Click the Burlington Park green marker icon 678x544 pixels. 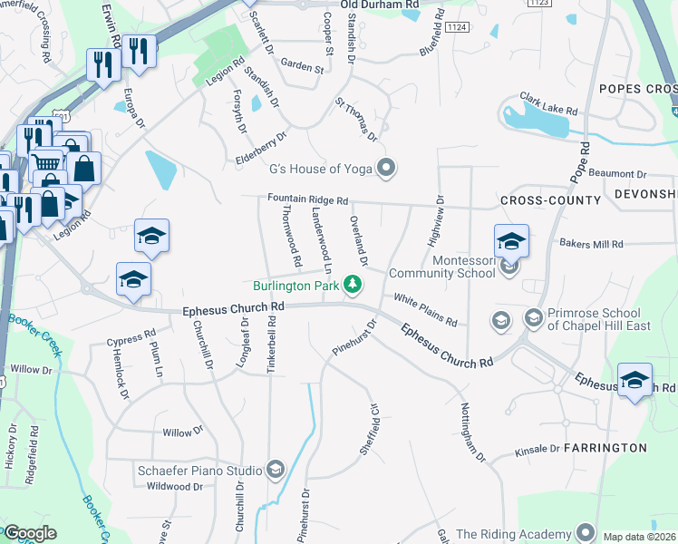coord(354,287)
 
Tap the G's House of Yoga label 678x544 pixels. coord(322,168)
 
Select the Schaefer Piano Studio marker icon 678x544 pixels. coord(275,470)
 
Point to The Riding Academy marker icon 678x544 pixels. coord(585,533)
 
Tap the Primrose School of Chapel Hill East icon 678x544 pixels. coord(533,318)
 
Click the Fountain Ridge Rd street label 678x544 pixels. coord(307,199)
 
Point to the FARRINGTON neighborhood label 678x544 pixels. coord(605,448)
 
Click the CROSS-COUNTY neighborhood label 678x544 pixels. coord(550,199)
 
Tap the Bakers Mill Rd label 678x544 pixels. coord(591,244)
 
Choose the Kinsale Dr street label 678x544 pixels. coord(538,449)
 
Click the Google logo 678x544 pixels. coord(30,533)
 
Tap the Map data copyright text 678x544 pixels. coord(639,537)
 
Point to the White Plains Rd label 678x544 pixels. coord(424,310)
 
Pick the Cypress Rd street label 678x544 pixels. coord(131,341)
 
